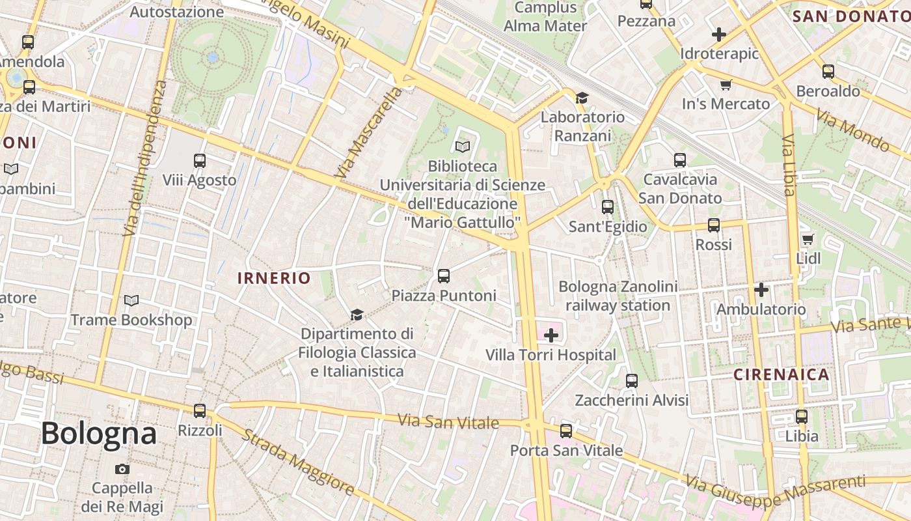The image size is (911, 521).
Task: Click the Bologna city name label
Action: coord(99,434)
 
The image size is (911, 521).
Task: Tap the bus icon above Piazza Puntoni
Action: coord(444,276)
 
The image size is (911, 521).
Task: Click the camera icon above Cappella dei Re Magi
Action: coord(122,469)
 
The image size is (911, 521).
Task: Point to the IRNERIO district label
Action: coord(274,278)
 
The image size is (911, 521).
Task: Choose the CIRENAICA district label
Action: coord(782,374)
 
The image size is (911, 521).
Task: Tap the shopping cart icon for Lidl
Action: coord(808,239)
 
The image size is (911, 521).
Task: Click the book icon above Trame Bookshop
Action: coord(131,301)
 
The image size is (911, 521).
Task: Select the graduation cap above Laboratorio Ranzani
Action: coord(582,98)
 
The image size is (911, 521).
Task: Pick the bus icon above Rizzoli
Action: coord(200,411)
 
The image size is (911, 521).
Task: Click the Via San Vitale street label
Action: coord(448,421)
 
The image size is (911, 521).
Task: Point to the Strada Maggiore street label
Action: coord(298,462)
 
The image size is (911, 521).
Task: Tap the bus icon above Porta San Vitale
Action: coord(566,430)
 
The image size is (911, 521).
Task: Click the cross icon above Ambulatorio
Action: coord(761,290)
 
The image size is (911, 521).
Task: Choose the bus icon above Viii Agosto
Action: coord(200,161)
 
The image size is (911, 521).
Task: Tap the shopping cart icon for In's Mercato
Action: coord(726,85)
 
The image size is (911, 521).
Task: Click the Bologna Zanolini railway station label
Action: coord(618,296)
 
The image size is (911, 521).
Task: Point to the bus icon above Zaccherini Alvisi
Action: coord(631,381)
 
